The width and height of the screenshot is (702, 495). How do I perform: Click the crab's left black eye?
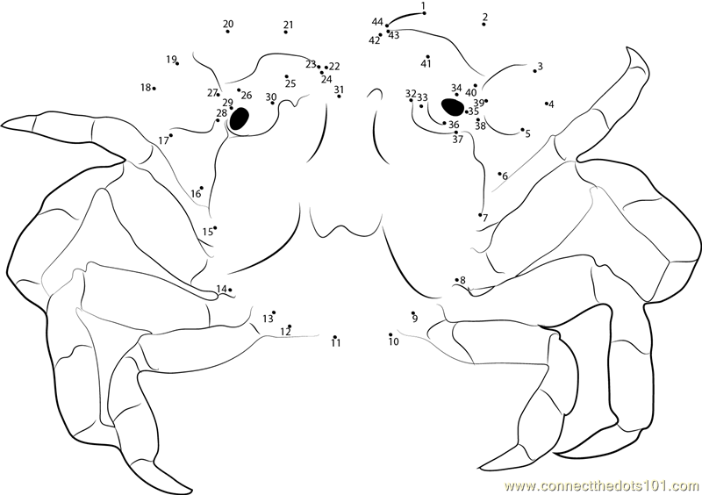click(239, 118)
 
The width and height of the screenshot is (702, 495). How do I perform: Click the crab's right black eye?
click(453, 107)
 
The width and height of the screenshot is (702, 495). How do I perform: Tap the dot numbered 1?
click(424, 13)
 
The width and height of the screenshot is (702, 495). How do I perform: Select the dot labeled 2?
click(484, 24)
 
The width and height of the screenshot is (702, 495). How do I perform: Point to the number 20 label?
click(228, 24)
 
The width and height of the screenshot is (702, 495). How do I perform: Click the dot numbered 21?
click(286, 32)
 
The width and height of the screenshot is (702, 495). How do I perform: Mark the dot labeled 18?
click(154, 89)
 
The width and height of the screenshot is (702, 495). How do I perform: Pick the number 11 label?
click(336, 343)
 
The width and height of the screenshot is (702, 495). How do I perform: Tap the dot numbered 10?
click(390, 334)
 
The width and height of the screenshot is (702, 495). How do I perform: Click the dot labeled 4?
click(547, 103)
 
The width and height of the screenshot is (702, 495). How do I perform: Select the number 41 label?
click(426, 64)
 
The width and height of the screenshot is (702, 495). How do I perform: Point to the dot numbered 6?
click(499, 174)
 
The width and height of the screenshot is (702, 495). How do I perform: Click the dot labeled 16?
click(202, 188)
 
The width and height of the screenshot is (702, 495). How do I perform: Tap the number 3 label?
click(541, 67)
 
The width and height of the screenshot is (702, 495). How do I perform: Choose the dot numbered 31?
click(339, 97)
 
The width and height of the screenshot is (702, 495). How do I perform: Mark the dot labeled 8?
click(456, 280)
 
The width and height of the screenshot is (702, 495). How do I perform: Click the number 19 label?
click(171, 59)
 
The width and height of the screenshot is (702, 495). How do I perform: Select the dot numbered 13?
click(274, 312)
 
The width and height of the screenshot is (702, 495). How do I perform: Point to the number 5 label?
click(528, 134)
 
